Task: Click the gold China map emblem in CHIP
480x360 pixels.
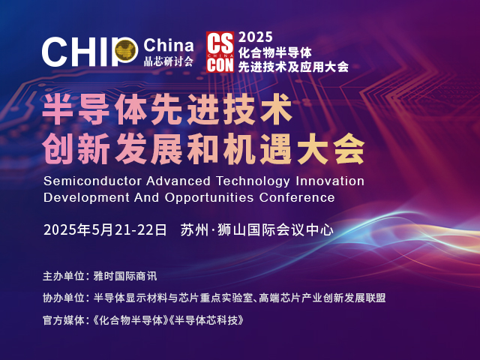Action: pyautogui.click(x=126, y=49)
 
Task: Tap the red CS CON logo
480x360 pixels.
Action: pyautogui.click(x=220, y=52)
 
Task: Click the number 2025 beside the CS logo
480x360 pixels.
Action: pyautogui.click(x=255, y=37)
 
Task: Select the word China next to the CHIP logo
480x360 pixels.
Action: pyautogui.click(x=168, y=45)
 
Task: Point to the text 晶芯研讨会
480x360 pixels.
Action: pyautogui.click(x=168, y=61)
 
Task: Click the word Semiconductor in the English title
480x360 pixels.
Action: pyautogui.click(x=92, y=181)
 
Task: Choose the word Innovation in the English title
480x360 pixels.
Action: pyautogui.click(x=330, y=181)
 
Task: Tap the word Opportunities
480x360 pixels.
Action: pyautogui.click(x=209, y=197)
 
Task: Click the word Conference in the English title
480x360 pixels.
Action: pyautogui.click(x=297, y=197)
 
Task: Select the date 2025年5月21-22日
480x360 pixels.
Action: pyautogui.click(x=105, y=230)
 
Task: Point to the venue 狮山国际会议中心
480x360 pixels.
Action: pyautogui.click(x=275, y=230)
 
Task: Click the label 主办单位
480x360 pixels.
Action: pyautogui.click(x=64, y=276)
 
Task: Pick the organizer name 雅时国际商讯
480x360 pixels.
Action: pyautogui.click(x=125, y=276)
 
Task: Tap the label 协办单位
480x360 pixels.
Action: pyautogui.click(x=64, y=298)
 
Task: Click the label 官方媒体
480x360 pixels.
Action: pyautogui.click(x=64, y=320)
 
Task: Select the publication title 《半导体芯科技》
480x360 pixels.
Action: pyautogui.click(x=207, y=320)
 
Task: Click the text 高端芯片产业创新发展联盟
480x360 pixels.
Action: pyautogui.click(x=322, y=298)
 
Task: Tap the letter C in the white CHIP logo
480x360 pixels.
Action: pyautogui.click(x=55, y=52)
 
